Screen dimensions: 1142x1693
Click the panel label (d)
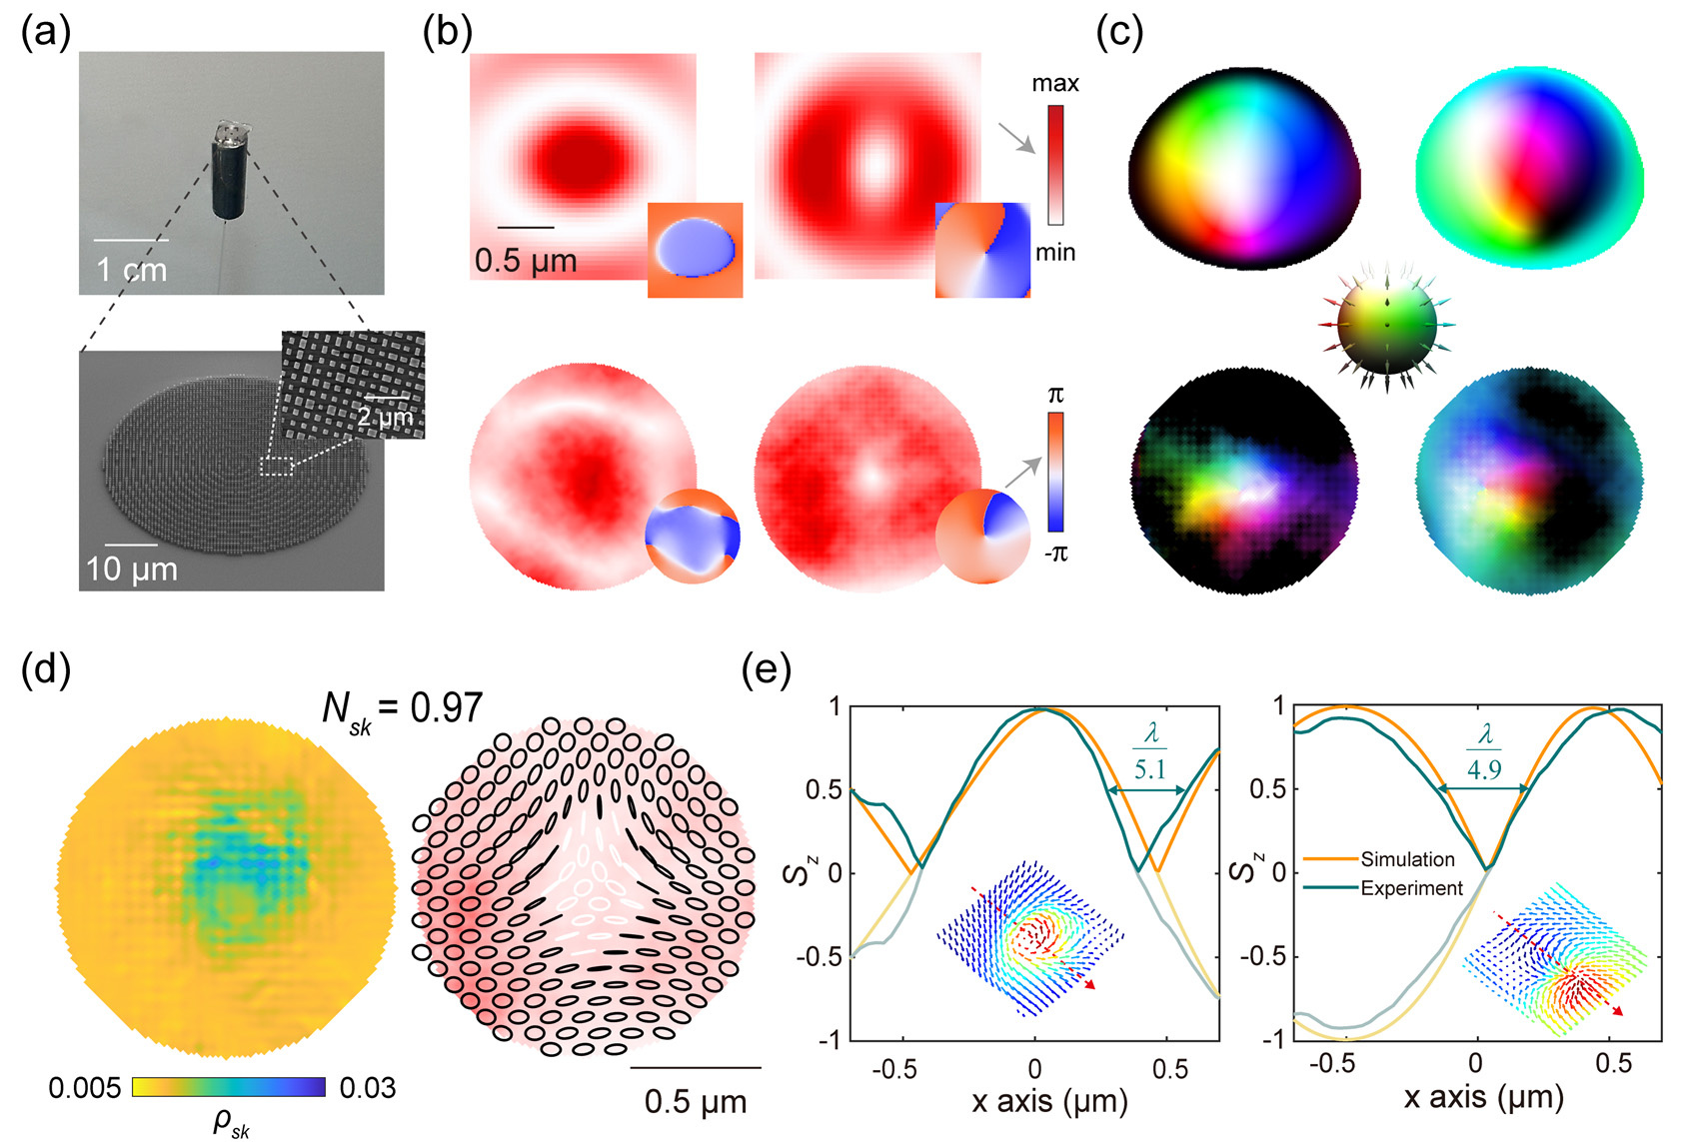point(46,671)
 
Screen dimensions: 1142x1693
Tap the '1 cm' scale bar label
point(131,270)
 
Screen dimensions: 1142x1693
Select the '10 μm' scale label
point(132,570)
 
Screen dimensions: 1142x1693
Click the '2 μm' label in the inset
point(384,416)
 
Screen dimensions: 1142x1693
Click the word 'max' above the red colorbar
point(1055,83)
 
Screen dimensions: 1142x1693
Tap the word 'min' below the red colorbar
point(1055,252)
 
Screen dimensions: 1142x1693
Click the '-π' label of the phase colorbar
point(1056,553)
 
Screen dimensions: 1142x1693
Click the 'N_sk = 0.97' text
point(403,708)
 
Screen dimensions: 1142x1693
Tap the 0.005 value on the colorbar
point(85,1088)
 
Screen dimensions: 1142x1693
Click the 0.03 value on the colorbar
point(368,1088)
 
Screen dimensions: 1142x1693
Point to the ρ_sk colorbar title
point(231,1123)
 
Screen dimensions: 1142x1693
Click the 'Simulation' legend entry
point(1407,859)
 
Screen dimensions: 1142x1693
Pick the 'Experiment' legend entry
point(1411,888)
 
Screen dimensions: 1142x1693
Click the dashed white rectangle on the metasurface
point(275,467)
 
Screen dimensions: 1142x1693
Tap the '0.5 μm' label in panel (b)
point(526,262)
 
